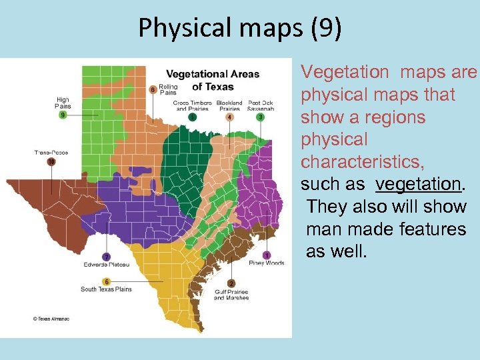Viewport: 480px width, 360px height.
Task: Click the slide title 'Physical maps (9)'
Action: [x=239, y=27]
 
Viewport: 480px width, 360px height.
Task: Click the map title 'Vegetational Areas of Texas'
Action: [x=213, y=80]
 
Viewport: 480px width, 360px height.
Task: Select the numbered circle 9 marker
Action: [x=63, y=115]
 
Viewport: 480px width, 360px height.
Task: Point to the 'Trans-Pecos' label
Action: [x=51, y=153]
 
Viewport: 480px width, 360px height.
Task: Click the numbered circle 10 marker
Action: [x=51, y=161]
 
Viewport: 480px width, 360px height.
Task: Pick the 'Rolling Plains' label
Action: [x=168, y=90]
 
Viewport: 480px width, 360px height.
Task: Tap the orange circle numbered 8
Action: [x=153, y=89]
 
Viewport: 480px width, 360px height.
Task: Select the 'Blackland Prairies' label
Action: [x=229, y=105]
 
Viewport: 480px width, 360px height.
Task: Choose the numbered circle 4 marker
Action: [x=229, y=117]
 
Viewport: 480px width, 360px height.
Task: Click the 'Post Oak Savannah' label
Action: [x=261, y=105]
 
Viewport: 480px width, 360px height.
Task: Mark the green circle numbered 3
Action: [x=261, y=117]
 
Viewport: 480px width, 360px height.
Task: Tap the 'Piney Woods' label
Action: [x=267, y=263]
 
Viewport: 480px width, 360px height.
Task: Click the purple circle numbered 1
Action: [x=267, y=255]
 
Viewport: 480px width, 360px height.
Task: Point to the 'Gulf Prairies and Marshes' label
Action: [x=231, y=295]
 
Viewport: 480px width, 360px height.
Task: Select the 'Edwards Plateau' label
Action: [x=106, y=265]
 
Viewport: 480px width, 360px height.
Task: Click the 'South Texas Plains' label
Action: [x=106, y=289]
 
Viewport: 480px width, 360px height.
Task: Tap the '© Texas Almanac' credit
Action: [x=51, y=319]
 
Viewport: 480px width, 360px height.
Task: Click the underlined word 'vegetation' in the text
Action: [x=419, y=184]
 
